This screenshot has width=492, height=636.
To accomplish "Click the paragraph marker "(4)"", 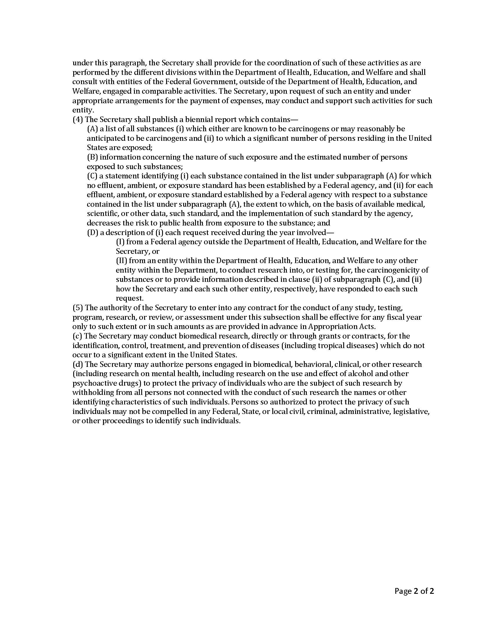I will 78,119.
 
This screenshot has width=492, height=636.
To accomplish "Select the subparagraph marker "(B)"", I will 92,157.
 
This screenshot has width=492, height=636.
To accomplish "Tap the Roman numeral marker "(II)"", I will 122,261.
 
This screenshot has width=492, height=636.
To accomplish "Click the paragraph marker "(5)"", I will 78,308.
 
